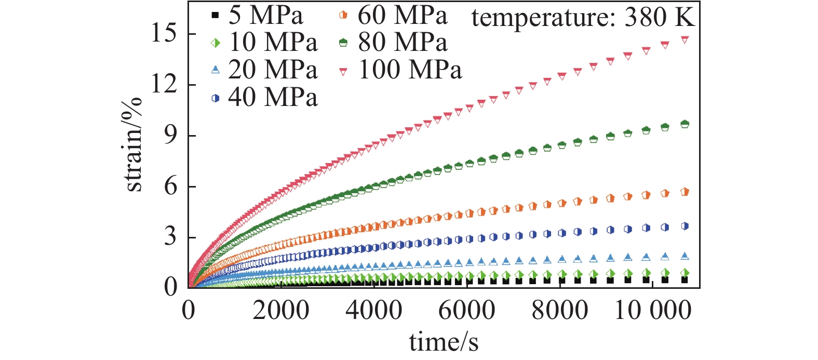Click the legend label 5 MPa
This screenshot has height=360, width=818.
point(265,15)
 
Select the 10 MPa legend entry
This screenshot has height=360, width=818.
point(273,43)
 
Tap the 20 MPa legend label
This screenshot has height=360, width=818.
point(273,70)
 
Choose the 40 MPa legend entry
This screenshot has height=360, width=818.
point(273,97)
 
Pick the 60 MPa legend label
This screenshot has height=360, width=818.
point(402,15)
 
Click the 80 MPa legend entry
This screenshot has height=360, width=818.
point(402,43)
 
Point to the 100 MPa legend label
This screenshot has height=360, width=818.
point(410,70)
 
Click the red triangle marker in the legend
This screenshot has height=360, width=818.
point(343,71)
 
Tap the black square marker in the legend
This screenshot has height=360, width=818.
point(216,16)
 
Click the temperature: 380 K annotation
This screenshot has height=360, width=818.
point(583,17)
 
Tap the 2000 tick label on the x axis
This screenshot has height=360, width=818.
point(281,311)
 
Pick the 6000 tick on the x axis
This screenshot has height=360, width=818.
point(466,311)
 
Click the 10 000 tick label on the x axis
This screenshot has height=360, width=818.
point(653,311)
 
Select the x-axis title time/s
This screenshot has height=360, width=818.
point(444,342)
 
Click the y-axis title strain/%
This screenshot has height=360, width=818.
point(133,144)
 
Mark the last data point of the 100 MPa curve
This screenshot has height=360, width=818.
point(685,40)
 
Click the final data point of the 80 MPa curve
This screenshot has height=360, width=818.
point(685,124)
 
